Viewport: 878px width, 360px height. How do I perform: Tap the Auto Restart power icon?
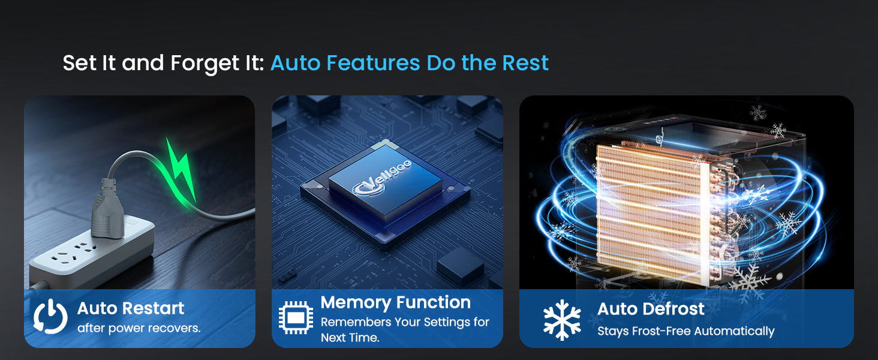click(x=50, y=316)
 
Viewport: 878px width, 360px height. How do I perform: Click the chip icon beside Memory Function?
click(x=296, y=317)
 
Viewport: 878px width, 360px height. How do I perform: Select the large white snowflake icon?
click(x=562, y=320)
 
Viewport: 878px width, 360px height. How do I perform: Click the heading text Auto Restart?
click(x=131, y=308)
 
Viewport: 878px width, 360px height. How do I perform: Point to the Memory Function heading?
click(x=395, y=302)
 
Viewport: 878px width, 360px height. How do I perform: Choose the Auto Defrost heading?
click(x=651, y=309)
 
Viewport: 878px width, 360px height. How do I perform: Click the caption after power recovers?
click(x=139, y=328)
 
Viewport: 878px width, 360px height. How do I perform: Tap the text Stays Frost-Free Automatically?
click(x=686, y=331)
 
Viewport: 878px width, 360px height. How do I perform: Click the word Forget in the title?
click(x=205, y=64)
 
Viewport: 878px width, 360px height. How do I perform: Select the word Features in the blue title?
click(x=373, y=63)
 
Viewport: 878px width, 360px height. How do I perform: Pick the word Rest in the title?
click(x=525, y=63)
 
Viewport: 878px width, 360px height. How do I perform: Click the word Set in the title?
click(x=80, y=63)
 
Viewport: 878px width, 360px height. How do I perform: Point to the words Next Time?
click(x=350, y=338)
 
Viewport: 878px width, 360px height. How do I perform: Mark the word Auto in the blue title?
click(x=296, y=63)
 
